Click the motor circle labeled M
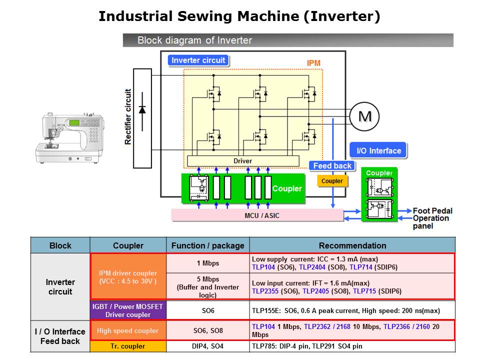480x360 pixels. pos(364,116)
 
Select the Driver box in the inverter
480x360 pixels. pos(242,161)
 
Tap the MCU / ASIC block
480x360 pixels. pos(257,215)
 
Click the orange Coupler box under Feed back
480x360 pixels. pos(332,181)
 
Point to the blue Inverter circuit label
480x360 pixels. pos(198,60)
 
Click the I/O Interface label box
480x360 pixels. pos(378,150)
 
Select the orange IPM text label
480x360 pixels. pos(313,63)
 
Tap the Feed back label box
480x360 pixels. pos(332,166)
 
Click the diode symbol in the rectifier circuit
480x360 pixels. pos(142,109)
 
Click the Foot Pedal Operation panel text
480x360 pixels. pos(430,218)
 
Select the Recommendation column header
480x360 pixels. pos(352,245)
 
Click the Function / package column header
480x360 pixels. pos(207,245)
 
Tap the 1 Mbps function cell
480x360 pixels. pos(207,263)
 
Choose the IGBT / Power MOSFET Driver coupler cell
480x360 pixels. pos(128,310)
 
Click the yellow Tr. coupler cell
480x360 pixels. pos(128,346)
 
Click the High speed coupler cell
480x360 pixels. pos(128,330)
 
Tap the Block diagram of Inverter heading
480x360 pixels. pos(194,40)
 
